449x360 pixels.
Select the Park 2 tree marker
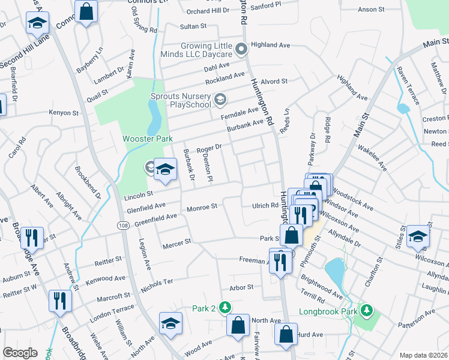(225, 308)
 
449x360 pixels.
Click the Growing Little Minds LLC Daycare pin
(242, 49)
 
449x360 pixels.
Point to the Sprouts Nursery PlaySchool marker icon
(220, 98)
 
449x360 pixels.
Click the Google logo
(20, 353)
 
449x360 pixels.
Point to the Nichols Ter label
(158, 281)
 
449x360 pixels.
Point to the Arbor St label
(242, 287)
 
